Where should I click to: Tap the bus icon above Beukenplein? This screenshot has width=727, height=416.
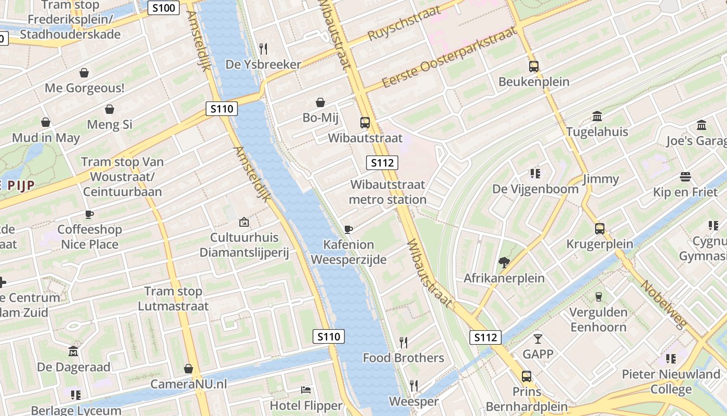point(534,67)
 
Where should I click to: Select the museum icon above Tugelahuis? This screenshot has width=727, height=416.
point(597,116)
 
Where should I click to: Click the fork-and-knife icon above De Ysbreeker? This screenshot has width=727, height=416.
point(263,49)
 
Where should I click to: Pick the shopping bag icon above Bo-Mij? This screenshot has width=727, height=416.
point(320,102)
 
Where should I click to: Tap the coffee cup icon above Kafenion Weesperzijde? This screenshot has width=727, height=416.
point(348,229)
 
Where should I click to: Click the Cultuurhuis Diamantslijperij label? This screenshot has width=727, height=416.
point(244,245)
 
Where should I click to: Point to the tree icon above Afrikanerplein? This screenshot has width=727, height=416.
point(504,262)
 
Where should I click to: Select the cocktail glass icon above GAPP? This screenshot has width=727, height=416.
point(537,339)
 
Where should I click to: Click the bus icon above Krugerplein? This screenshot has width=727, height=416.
point(600,228)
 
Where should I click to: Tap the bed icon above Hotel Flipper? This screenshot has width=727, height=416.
point(306,390)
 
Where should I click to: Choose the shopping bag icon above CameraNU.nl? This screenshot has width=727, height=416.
point(189,369)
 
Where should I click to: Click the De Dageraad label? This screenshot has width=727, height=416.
point(74,367)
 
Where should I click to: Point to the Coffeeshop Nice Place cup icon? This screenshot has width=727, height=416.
point(89,214)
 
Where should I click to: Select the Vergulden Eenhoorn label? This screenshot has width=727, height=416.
point(598,320)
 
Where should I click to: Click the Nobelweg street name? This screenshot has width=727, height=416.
point(664,304)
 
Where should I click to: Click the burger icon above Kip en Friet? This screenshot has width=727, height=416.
point(685,177)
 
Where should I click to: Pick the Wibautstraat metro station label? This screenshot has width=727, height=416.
point(387,192)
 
